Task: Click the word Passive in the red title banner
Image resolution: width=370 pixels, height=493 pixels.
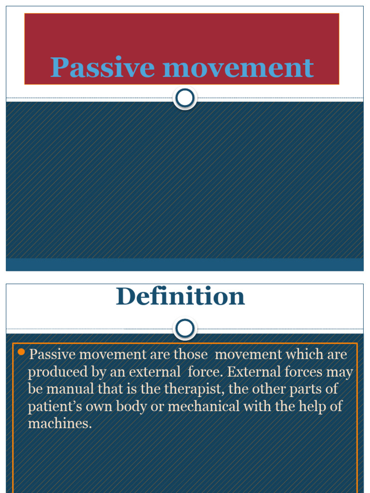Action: click(x=104, y=67)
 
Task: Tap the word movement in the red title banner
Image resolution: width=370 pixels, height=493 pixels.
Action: click(x=238, y=67)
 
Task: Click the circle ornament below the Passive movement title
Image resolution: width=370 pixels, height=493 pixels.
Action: click(x=185, y=98)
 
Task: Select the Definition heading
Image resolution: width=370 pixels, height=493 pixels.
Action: click(x=180, y=297)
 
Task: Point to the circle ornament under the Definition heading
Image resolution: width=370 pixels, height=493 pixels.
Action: click(x=185, y=329)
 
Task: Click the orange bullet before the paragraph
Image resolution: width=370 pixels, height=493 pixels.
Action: click(x=21, y=352)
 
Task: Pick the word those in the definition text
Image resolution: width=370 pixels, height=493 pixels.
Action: click(x=191, y=355)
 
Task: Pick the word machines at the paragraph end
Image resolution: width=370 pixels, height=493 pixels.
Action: click(x=60, y=424)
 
